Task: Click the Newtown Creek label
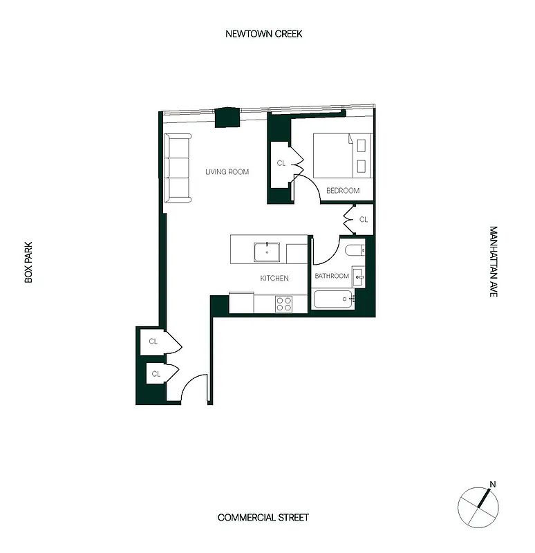pos(264,34)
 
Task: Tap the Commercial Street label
pos(263,518)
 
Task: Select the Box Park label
pos(29,261)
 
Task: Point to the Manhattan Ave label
pos(494,261)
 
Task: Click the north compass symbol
pos(478,505)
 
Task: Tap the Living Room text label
pos(227,172)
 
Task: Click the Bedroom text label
pos(343,191)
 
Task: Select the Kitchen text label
pos(274,279)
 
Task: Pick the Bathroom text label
pos(332,276)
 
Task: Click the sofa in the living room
pos(178,168)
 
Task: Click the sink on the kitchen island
pos(267,252)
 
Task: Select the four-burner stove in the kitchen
pos(283,303)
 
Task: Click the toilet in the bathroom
pos(355,252)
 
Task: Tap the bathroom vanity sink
pos(358,276)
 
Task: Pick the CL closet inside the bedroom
pos(281,164)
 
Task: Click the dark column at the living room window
pos(226,118)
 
